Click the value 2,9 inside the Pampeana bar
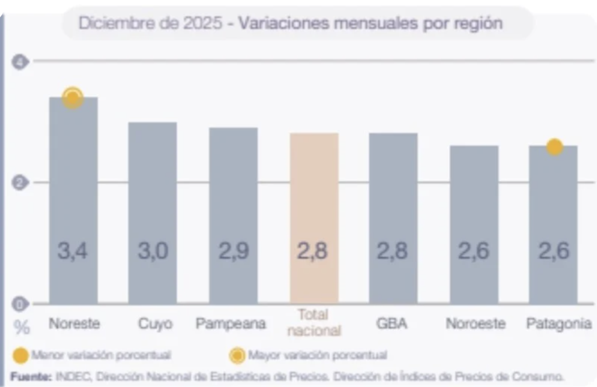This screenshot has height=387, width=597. [234, 251]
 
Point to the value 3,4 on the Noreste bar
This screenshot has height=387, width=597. [73, 251]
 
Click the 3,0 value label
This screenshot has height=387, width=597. [153, 251]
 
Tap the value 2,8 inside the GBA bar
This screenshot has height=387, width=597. [392, 251]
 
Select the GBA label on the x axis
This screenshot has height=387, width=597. [392, 323]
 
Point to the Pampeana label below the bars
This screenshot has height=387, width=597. [231, 323]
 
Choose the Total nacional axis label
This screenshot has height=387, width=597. [314, 323]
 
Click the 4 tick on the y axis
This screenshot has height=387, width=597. [20, 61]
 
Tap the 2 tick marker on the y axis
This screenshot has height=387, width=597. [20, 182]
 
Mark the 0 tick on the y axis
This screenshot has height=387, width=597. [20, 304]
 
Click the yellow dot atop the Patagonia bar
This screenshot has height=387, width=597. [554, 147]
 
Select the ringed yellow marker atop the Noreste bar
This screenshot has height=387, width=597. [73, 98]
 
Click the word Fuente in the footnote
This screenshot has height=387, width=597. [30, 376]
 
